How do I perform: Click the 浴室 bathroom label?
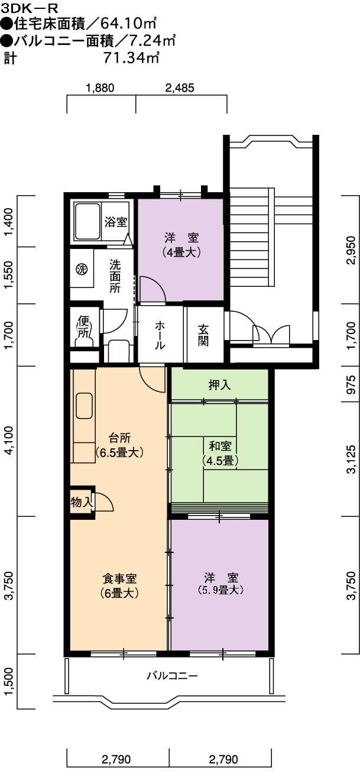(x=116, y=222)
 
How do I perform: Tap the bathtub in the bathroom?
(x=87, y=222)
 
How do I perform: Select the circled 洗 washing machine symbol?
(x=82, y=269)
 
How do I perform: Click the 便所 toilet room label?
(x=83, y=326)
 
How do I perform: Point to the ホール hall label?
(x=160, y=335)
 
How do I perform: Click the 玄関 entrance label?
(x=203, y=335)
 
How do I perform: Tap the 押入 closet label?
(x=219, y=385)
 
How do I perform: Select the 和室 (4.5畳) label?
(x=220, y=453)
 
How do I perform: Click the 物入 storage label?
(x=82, y=502)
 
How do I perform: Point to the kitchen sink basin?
(x=84, y=406)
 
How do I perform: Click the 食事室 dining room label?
(x=119, y=578)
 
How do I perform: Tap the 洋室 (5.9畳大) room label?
(x=220, y=584)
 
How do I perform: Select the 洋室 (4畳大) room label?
(x=181, y=245)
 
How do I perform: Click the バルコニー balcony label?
(x=172, y=676)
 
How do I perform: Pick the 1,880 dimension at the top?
(x=100, y=88)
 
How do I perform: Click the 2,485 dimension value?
(x=180, y=88)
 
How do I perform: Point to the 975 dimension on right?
(x=352, y=384)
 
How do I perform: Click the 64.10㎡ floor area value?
(x=128, y=24)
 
